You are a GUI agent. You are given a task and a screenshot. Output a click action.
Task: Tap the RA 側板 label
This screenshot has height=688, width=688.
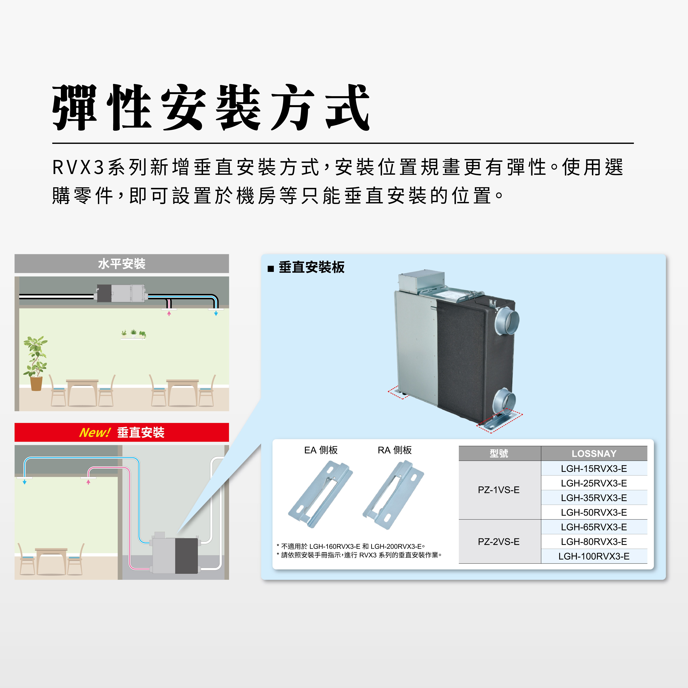coord(395,450)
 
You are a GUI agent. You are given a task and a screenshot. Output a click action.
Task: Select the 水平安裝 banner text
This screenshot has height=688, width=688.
coord(122,264)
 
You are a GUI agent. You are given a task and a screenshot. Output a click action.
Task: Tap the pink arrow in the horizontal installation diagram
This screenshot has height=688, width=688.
coord(169,313)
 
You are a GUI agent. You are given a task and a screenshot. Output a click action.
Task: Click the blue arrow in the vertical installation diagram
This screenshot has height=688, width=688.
coord(25,482)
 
